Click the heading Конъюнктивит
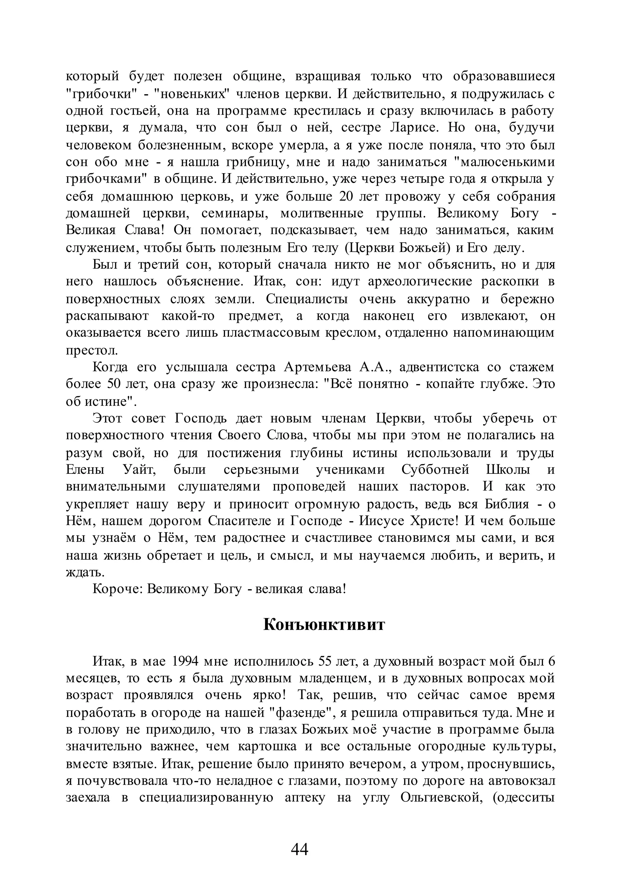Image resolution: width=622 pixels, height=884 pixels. point(324,624)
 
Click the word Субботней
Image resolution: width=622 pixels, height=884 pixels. point(435,470)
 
